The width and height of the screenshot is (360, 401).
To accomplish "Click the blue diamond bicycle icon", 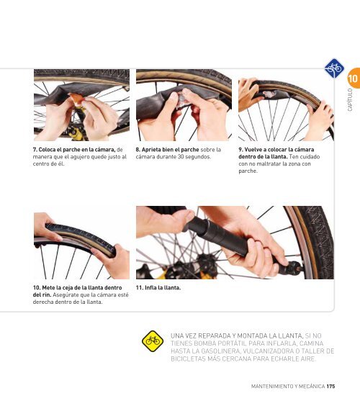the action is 334,68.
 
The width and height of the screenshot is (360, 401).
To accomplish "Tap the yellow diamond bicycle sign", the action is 153,341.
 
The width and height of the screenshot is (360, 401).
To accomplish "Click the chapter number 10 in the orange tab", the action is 353,78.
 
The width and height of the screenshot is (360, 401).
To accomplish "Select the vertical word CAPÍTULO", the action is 350,100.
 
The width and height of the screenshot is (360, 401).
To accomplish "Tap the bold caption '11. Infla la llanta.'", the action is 158,287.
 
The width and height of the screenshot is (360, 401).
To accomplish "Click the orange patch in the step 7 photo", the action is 76,99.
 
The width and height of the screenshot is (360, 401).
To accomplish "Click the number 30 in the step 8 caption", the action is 181,156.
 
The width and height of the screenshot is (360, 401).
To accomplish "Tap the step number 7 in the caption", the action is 35,149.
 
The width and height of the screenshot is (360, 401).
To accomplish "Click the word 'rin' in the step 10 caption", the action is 47,294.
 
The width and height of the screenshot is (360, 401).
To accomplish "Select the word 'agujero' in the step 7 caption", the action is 79,156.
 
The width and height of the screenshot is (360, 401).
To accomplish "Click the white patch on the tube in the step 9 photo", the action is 269,94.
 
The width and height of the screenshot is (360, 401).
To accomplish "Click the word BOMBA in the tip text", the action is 204,343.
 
